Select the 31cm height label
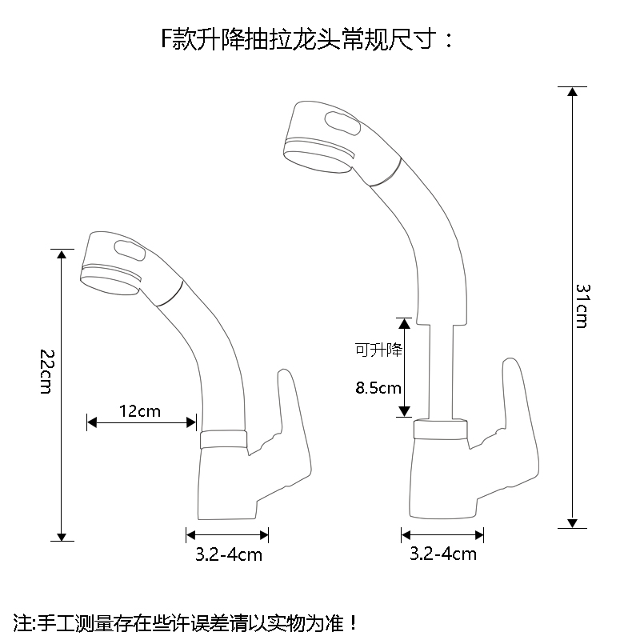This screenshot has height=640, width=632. (582, 305)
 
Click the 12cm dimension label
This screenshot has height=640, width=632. (140, 412)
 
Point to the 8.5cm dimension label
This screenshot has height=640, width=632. (378, 389)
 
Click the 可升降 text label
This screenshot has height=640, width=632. (378, 350)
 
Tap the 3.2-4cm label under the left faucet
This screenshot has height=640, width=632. (229, 554)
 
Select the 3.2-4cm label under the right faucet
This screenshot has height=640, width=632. (443, 554)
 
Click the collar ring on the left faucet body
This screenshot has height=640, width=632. (222, 439)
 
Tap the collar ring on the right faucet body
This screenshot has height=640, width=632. (440, 430)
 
